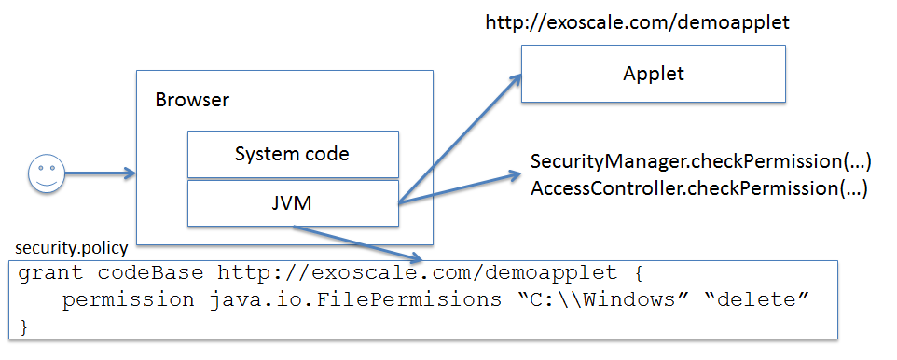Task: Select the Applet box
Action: pyautogui.click(x=653, y=73)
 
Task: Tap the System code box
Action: pyautogui.click(x=293, y=154)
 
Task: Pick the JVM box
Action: pyautogui.click(x=293, y=202)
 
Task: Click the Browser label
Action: pyautogui.click(x=192, y=100)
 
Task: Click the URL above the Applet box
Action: pyautogui.click(x=638, y=22)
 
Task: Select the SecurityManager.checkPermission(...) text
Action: pyautogui.click(x=700, y=162)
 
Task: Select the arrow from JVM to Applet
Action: pyautogui.click(x=462, y=140)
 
